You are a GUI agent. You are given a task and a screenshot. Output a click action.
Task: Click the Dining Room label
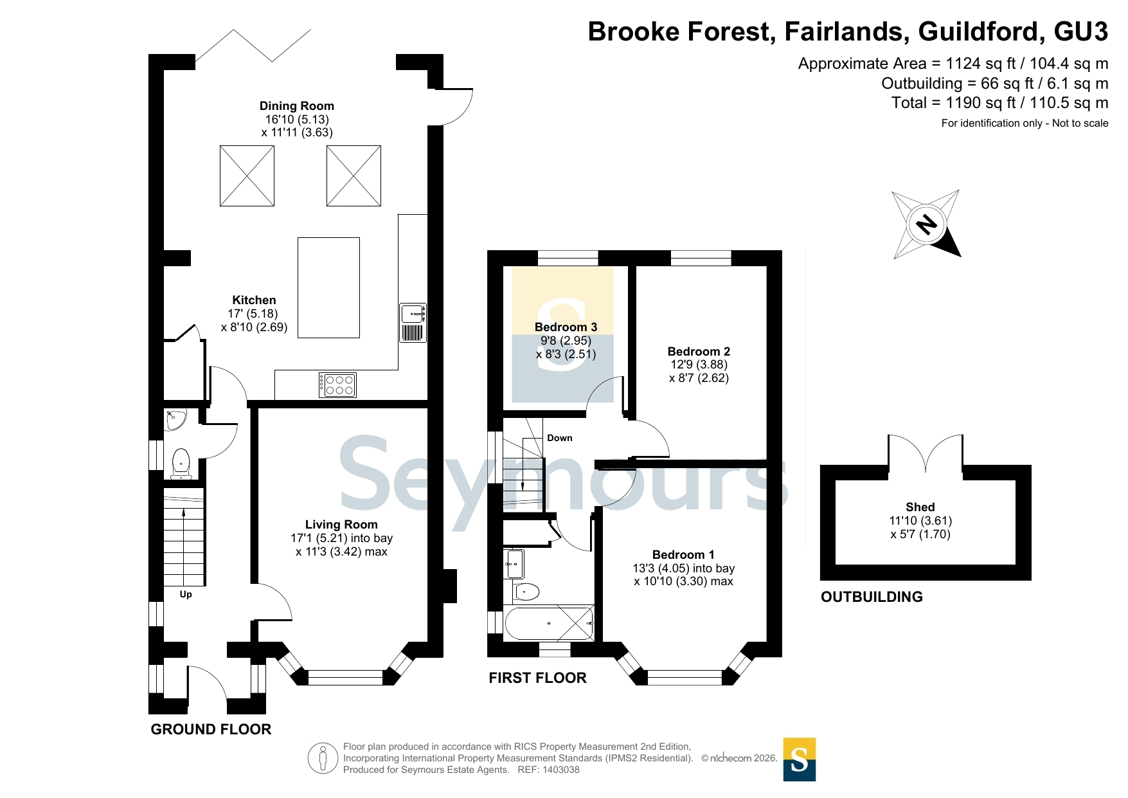pos(296,106)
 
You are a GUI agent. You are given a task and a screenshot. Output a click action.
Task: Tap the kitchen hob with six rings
pos(337,385)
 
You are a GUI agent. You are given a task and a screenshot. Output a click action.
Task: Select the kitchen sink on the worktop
pos(413,323)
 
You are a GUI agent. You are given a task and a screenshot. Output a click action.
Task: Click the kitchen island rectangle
pos(328,287)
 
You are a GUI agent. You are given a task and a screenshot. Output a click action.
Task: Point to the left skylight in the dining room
pos(247,176)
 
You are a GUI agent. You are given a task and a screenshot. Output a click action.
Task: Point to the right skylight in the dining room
pos(354,176)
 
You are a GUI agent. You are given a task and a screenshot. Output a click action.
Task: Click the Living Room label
pos(341,525)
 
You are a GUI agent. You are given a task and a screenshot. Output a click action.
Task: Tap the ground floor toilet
pos(181,463)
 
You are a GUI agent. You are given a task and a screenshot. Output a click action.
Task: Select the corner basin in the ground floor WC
pos(175,420)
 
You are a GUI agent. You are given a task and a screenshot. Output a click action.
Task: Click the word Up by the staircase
pos(186,594)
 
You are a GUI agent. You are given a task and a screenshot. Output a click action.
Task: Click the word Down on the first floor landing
pos(559,438)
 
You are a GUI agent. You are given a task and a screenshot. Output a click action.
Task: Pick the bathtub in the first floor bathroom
pos(549,623)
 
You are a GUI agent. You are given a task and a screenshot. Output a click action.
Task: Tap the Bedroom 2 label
pos(699,352)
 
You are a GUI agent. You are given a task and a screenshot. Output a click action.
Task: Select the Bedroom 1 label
pos(683,555)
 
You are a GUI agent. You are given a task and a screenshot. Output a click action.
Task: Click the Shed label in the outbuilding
pos(920,507)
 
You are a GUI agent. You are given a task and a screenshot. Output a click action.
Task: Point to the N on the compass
pos(926,224)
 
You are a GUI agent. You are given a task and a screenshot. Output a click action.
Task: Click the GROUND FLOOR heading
pos(211,729)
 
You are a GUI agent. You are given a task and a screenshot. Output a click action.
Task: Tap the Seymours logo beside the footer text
pos(800,759)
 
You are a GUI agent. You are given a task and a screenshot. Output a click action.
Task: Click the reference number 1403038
pos(561,770)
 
